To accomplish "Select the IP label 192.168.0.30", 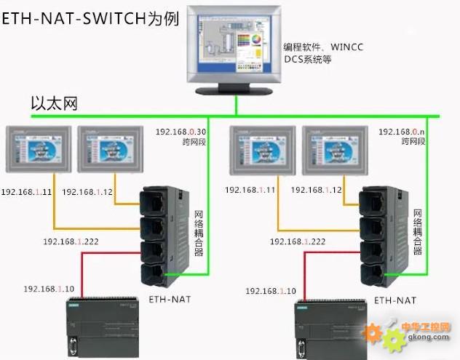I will click(181, 132).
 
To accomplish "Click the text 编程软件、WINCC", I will click(324, 47).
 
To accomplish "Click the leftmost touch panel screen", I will click(39, 148).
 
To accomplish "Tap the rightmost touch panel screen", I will click(334, 148).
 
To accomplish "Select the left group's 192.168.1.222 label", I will click(71, 241).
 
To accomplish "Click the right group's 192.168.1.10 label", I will click(271, 291).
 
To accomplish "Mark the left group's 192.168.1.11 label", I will click(26, 192).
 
